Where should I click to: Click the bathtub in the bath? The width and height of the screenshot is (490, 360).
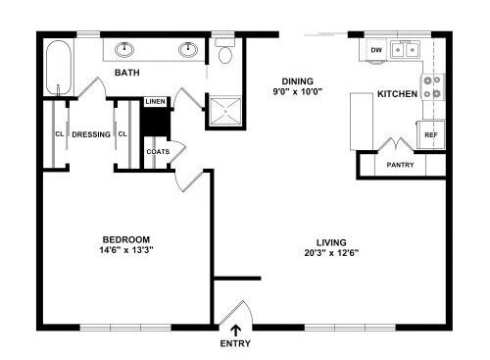[x=59, y=68]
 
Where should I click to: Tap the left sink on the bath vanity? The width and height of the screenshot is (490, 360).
[x=124, y=50]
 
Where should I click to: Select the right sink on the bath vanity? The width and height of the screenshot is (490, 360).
[x=188, y=50]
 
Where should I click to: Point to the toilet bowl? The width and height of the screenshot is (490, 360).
[x=224, y=55]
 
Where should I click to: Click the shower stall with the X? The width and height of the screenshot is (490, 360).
[x=225, y=111]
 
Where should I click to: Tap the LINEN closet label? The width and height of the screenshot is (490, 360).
[x=156, y=102]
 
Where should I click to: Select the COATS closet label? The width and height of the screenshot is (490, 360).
[x=158, y=152]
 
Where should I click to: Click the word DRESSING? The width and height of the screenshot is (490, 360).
[x=91, y=134]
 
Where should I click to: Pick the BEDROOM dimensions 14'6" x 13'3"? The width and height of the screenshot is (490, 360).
[x=126, y=250]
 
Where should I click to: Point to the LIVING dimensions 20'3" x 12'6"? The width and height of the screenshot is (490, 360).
[x=331, y=253]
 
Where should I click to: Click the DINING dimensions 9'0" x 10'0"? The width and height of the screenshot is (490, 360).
[x=298, y=91]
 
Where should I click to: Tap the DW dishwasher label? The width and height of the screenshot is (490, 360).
[x=376, y=50]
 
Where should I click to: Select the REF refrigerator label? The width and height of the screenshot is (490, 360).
[x=431, y=134]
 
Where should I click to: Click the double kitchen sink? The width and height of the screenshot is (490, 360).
[x=405, y=50]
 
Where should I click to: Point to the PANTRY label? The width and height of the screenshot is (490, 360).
[x=400, y=165]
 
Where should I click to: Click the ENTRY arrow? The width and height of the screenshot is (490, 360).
[x=235, y=331]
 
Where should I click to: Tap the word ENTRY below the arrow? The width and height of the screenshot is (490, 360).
[x=235, y=343]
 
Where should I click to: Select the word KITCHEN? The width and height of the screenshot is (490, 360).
[x=398, y=94]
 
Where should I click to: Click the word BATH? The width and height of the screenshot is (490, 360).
[x=127, y=73]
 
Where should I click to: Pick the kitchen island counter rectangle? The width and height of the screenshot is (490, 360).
[x=362, y=122]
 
